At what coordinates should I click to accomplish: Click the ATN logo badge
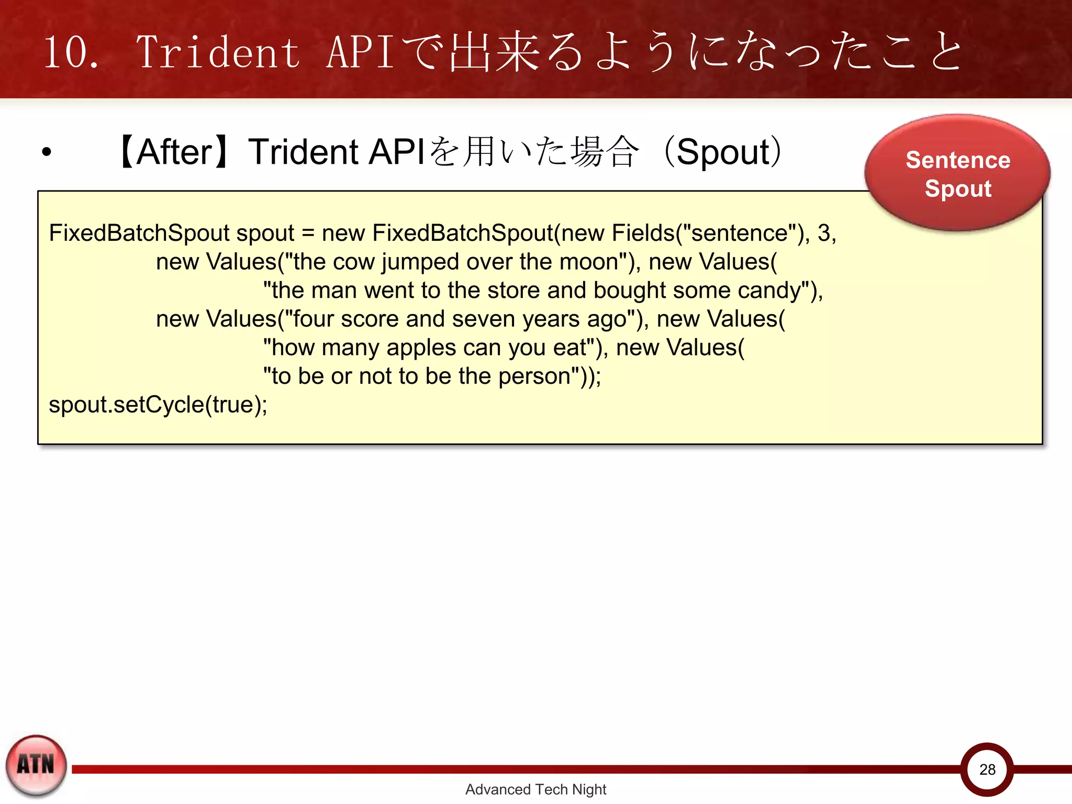point(36,765)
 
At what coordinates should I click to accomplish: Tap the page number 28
point(987,769)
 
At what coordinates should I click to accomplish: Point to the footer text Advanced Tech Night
point(535,789)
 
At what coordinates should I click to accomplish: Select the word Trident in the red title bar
point(218,52)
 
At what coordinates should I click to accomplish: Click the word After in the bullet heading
point(174,152)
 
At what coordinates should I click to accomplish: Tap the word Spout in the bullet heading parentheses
point(723,152)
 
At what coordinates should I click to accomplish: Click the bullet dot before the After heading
point(47,152)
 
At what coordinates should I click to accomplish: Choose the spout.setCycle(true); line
point(158,405)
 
